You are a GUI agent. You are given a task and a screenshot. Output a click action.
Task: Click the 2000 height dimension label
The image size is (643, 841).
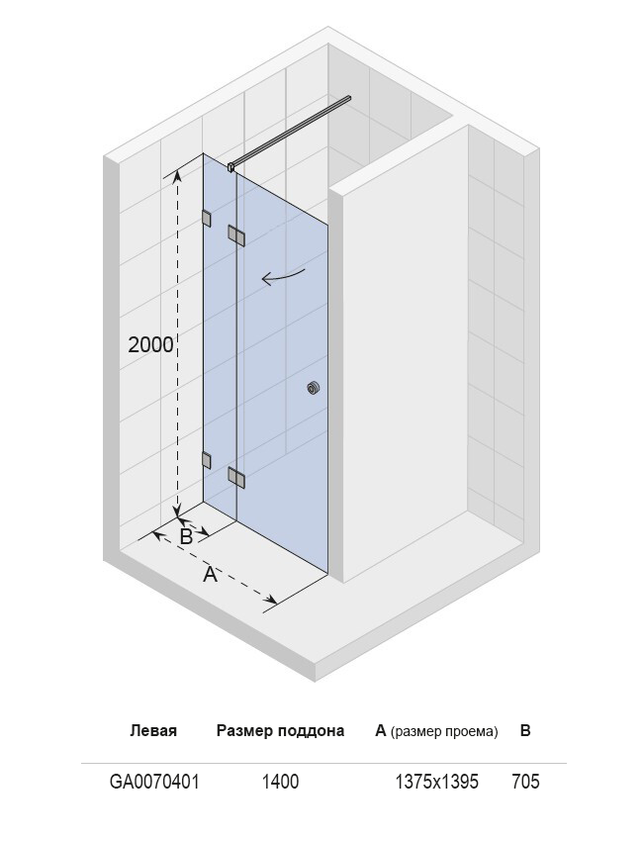[x=150, y=344]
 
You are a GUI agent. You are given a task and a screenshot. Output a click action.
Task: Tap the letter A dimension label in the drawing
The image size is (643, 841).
[x=211, y=575]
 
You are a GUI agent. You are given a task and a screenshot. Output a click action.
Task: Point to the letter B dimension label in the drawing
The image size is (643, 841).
[x=186, y=536]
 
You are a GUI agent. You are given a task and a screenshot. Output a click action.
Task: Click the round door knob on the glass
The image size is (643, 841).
[x=314, y=388]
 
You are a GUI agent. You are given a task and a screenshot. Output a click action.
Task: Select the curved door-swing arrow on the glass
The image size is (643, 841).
[x=283, y=276]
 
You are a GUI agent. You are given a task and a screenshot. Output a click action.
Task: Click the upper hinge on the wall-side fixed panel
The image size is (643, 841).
[x=206, y=219]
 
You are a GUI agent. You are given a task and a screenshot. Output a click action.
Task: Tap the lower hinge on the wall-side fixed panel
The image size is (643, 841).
[x=206, y=460]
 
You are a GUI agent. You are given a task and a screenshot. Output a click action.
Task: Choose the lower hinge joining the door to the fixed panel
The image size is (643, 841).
[x=236, y=476]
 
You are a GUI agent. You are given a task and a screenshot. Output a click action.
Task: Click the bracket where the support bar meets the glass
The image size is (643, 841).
[x=231, y=167]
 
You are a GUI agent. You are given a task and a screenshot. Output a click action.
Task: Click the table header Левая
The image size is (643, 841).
[x=153, y=730]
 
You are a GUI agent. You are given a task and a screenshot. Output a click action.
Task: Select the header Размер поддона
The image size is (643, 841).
[x=280, y=731]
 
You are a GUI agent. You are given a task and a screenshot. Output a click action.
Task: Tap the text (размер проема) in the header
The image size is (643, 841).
[x=444, y=731]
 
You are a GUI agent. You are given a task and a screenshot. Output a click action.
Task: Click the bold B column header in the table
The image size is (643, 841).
[x=525, y=730]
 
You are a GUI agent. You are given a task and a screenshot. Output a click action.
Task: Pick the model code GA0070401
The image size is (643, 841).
[x=154, y=782]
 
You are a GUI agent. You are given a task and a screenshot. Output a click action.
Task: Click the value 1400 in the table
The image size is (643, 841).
[x=280, y=782]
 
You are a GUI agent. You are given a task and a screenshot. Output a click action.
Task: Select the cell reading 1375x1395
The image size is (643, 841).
[x=436, y=782]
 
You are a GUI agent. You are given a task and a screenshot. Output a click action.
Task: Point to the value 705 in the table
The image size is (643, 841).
[x=525, y=782]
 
